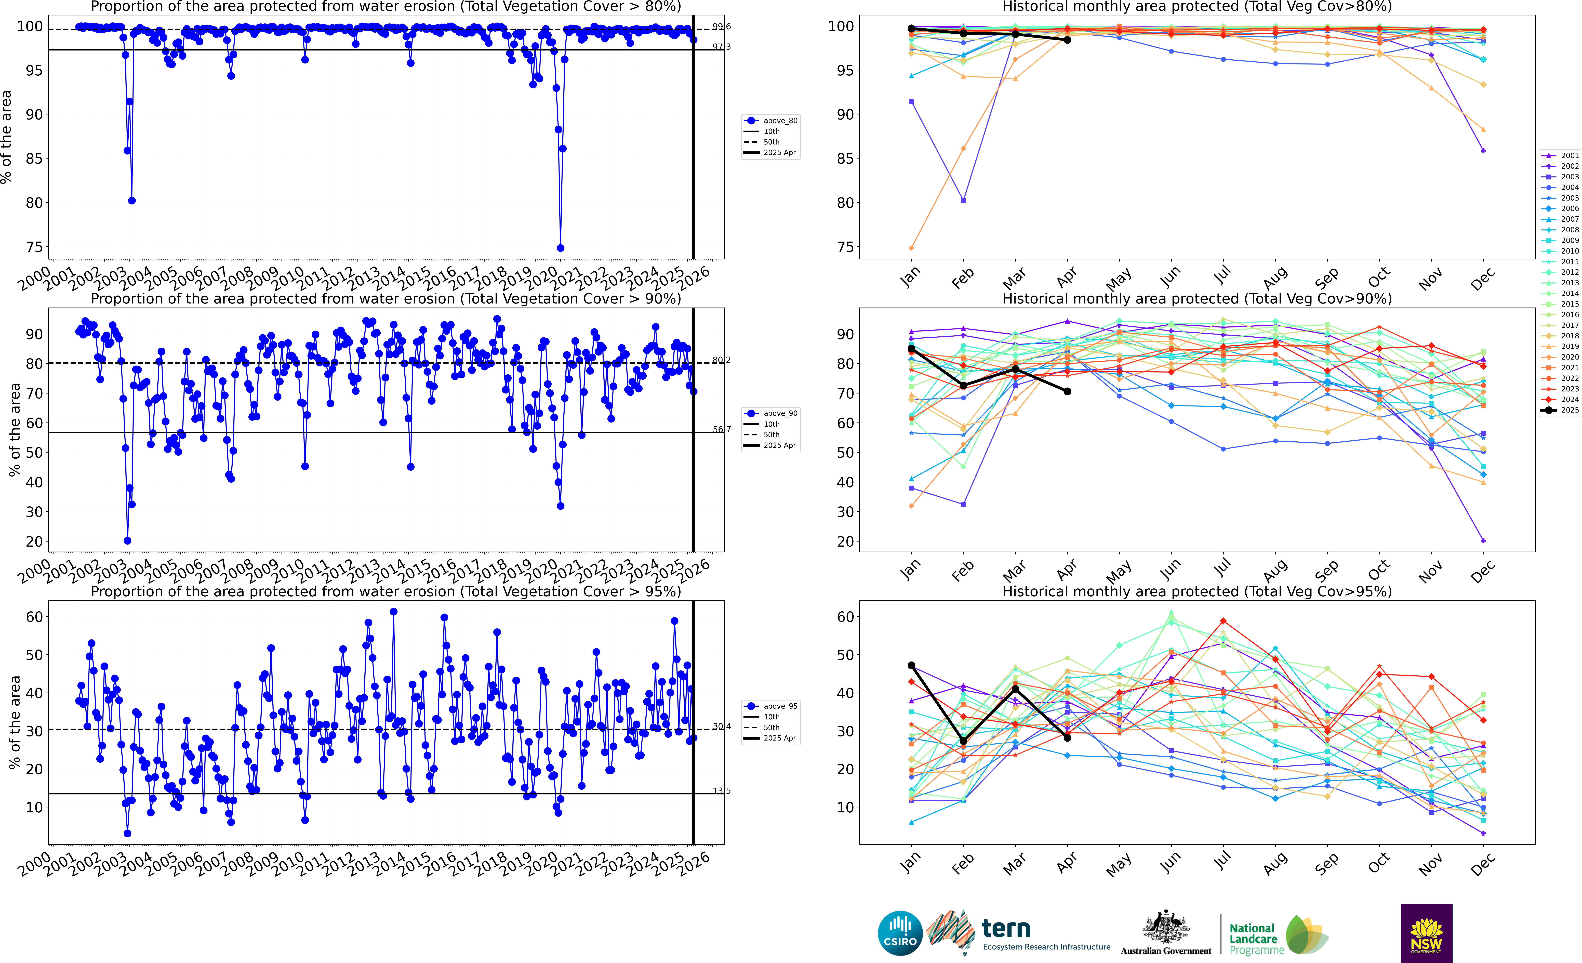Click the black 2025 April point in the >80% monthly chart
(x=1067, y=40)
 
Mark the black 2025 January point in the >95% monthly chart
(x=912, y=666)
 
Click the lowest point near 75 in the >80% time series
(x=561, y=248)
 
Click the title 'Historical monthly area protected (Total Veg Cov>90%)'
(x=1197, y=299)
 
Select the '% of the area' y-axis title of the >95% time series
(x=14, y=722)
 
